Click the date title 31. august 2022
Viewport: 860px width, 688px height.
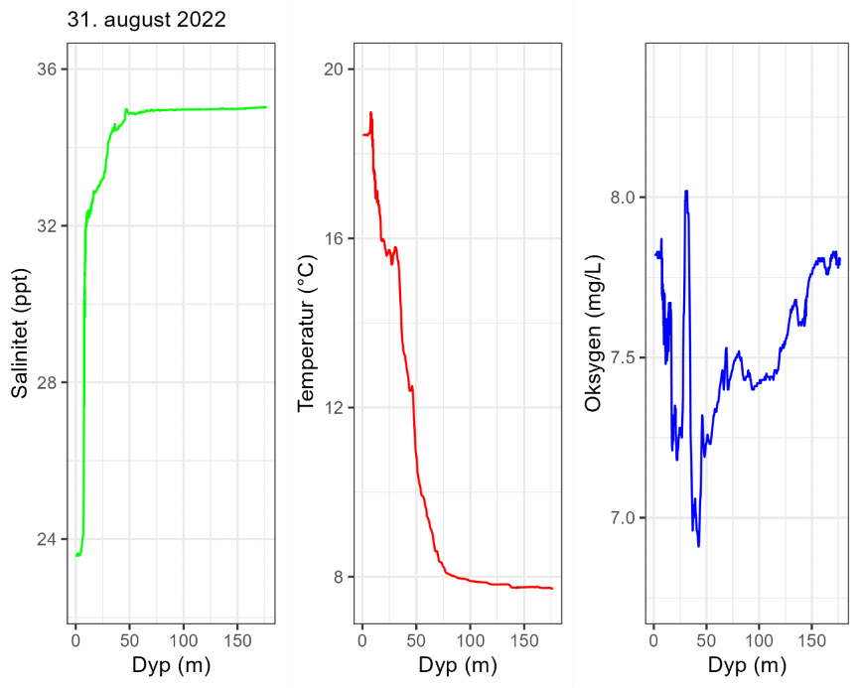coord(147,19)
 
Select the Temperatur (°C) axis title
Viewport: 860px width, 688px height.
coord(306,335)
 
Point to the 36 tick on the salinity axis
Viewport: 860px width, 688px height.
coord(49,69)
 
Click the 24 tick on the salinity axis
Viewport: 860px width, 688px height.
coord(49,540)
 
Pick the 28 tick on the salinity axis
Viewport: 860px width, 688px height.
coord(49,383)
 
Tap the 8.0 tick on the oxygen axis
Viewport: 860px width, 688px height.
coord(624,198)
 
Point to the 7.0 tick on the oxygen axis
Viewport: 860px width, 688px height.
coord(624,518)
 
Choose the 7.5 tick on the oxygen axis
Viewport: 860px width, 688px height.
coord(624,357)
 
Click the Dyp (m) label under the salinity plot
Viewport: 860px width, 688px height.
coord(171,665)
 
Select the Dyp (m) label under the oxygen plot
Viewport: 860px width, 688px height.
coord(748,665)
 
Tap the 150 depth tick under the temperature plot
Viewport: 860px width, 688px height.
coord(525,639)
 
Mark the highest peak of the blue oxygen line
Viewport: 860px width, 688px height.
coord(686,191)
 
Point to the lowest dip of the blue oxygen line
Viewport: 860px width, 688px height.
coord(699,546)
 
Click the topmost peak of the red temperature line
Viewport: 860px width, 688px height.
coord(370,112)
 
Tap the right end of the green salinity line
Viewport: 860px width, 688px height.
coord(266,107)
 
